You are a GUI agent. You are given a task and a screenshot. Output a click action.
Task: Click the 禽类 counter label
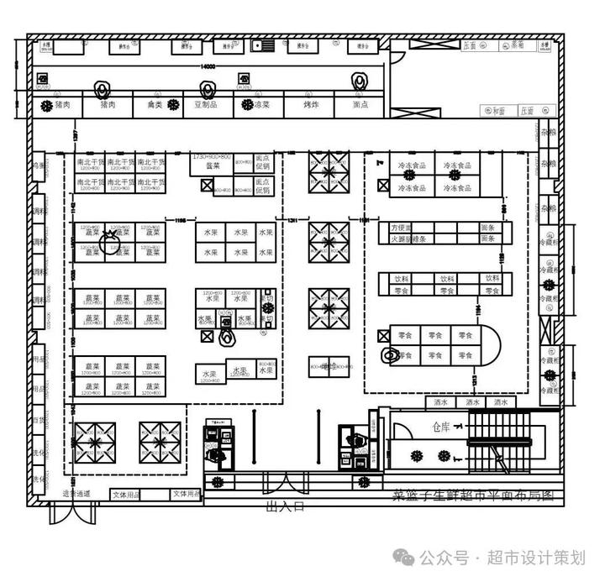coord(155,105)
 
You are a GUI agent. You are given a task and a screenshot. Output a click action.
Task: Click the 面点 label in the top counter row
coord(360,105)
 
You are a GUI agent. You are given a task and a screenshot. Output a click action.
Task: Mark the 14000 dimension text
coord(208,66)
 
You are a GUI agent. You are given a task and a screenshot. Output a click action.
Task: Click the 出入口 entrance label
coord(284,507)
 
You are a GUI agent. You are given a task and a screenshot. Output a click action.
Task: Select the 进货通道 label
coord(76,494)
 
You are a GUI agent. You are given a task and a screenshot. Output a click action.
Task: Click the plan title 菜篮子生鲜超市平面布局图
coord(473,496)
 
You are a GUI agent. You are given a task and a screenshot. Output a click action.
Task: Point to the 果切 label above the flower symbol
coord(267,299)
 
